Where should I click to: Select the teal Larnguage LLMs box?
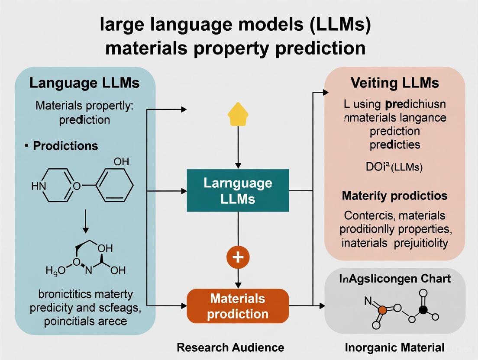(x=238, y=190)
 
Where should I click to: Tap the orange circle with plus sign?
(x=238, y=257)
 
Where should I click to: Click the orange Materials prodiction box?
(x=238, y=306)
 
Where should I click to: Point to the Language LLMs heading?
(x=84, y=83)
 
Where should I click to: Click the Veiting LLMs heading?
(x=394, y=83)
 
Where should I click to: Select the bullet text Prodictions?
(x=65, y=146)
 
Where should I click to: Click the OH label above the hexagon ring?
(x=121, y=161)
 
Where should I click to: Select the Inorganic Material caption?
(x=394, y=347)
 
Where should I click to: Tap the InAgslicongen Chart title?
(x=394, y=278)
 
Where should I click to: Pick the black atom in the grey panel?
(x=423, y=309)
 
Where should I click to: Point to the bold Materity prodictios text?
(x=394, y=196)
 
